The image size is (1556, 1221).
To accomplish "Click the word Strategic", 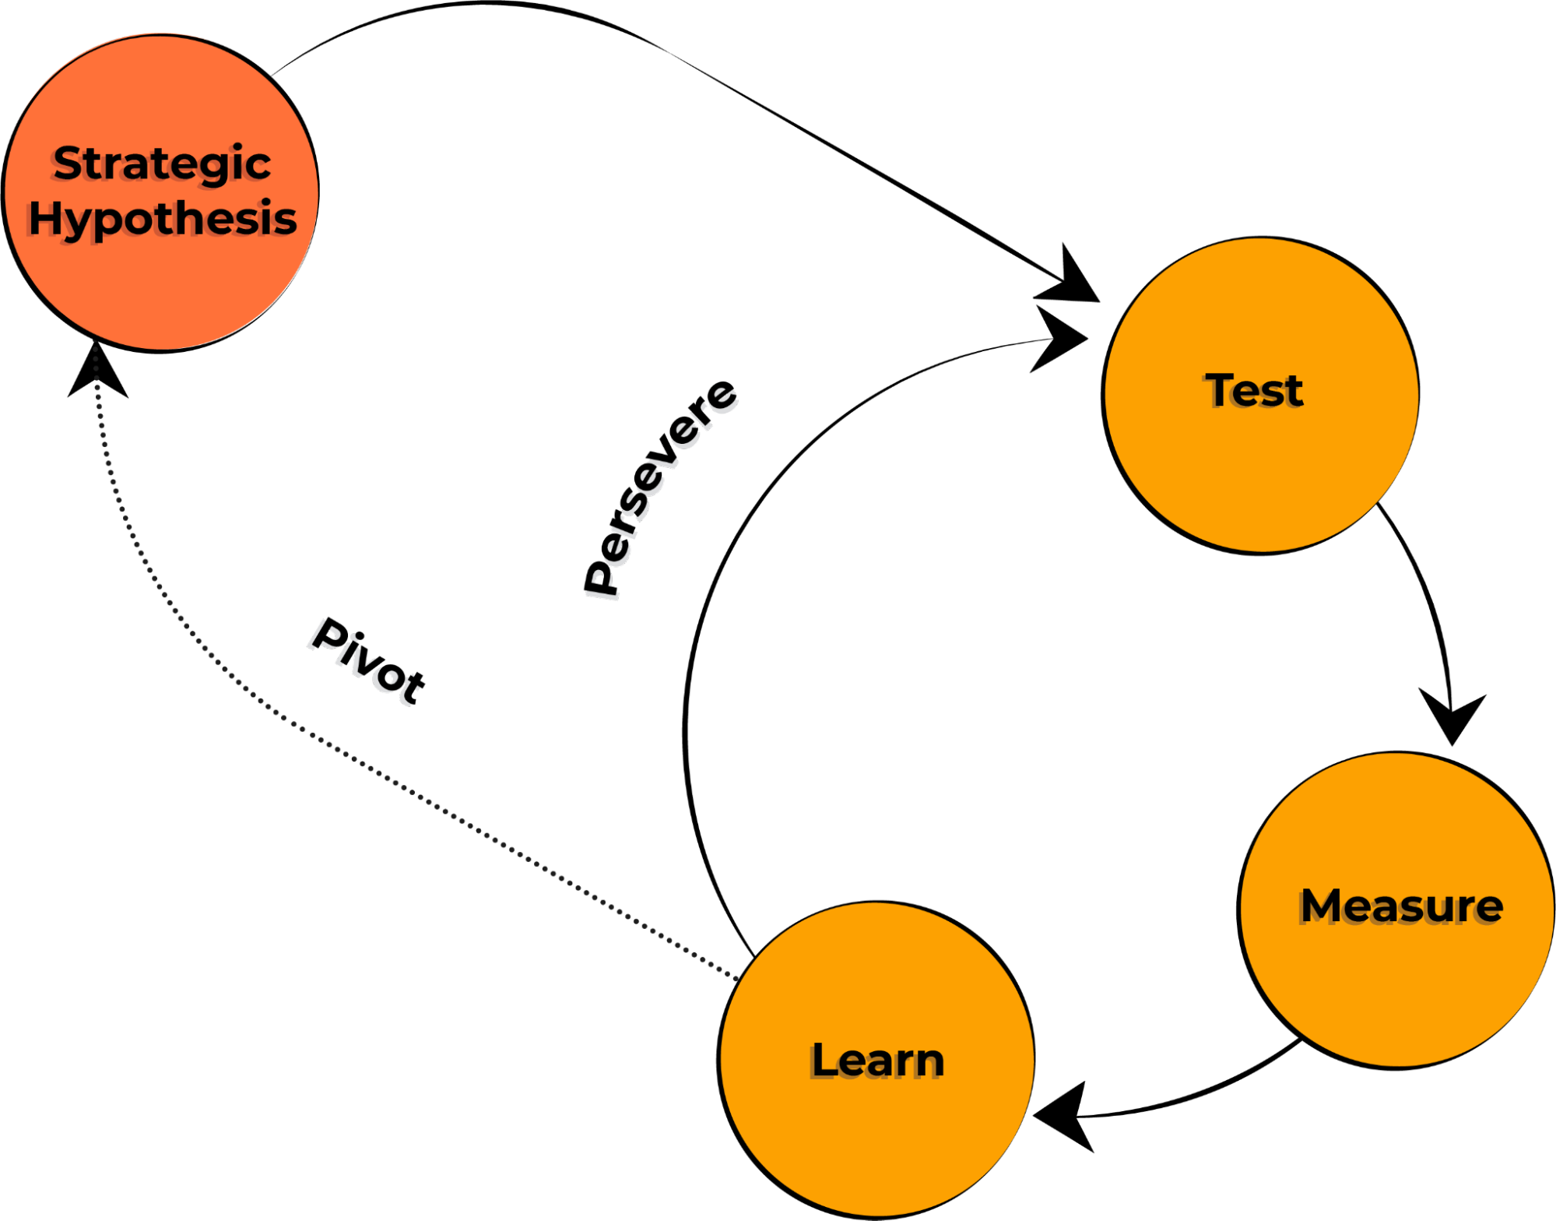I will click(x=162, y=164).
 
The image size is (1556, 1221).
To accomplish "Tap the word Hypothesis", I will click(x=162, y=219).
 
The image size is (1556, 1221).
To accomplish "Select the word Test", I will click(x=1254, y=391).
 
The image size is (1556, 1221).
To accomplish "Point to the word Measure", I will click(x=1401, y=906).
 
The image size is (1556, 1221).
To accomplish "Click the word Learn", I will click(x=877, y=1061).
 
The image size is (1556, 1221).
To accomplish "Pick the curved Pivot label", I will click(x=363, y=663).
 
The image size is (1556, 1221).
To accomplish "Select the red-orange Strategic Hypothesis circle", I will click(x=162, y=288).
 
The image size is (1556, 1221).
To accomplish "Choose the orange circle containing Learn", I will click(x=877, y=1137).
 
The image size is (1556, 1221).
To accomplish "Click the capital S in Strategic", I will click(x=68, y=164).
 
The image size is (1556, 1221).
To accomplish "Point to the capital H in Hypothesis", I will click(x=45, y=218).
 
